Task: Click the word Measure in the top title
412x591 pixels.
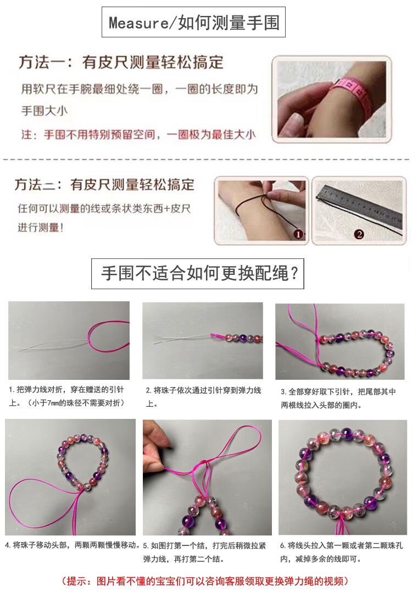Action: tap(138, 23)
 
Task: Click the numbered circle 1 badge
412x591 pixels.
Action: tap(298, 234)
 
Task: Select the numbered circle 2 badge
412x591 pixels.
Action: tap(359, 234)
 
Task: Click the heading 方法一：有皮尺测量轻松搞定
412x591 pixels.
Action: tap(121, 63)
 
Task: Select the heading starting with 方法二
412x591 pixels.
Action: tap(105, 185)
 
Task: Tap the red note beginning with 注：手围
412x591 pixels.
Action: tap(138, 135)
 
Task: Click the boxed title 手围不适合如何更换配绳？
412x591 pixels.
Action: tap(198, 273)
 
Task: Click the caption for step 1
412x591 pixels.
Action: tap(66, 396)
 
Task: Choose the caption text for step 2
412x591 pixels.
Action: tap(203, 397)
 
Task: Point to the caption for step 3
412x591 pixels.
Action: tap(338, 399)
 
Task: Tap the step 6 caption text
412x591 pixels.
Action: tap(341, 552)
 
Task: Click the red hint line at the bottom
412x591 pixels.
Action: tap(205, 581)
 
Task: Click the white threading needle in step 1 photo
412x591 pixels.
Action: tap(53, 345)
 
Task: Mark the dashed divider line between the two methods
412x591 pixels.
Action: tap(206, 159)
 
